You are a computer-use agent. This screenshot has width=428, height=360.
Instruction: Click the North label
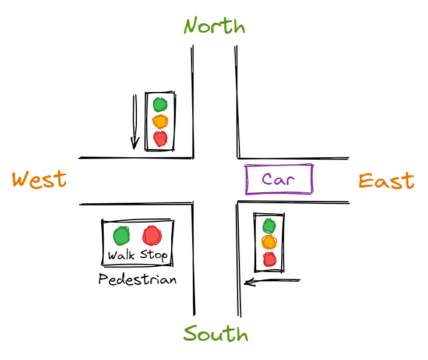pyautogui.click(x=214, y=26)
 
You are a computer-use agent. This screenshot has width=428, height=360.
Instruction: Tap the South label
pyautogui.click(x=215, y=334)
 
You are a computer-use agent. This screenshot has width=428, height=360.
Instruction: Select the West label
pyautogui.click(x=40, y=179)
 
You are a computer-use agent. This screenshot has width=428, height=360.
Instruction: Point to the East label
pyautogui.click(x=386, y=181)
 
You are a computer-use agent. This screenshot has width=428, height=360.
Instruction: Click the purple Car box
pyautogui.click(x=279, y=179)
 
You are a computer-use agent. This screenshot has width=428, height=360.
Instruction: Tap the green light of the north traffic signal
pyautogui.click(x=160, y=105)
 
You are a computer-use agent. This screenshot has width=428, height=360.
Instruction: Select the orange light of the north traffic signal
pyautogui.click(x=160, y=122)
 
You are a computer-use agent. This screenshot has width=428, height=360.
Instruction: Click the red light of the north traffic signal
pyautogui.click(x=160, y=139)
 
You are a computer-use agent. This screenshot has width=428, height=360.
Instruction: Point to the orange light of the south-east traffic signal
pyautogui.click(x=268, y=242)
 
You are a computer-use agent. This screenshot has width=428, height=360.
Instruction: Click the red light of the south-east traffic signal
pyautogui.click(x=268, y=259)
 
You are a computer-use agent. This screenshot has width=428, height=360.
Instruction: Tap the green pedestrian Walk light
pyautogui.click(x=121, y=236)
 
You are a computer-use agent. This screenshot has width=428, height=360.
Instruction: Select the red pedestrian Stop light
pyautogui.click(x=152, y=235)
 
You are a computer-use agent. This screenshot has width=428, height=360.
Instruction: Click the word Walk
pyautogui.click(x=121, y=255)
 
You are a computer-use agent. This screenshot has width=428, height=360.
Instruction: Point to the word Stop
pyautogui.click(x=154, y=255)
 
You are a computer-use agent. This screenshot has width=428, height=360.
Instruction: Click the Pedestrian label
pyautogui.click(x=137, y=280)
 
